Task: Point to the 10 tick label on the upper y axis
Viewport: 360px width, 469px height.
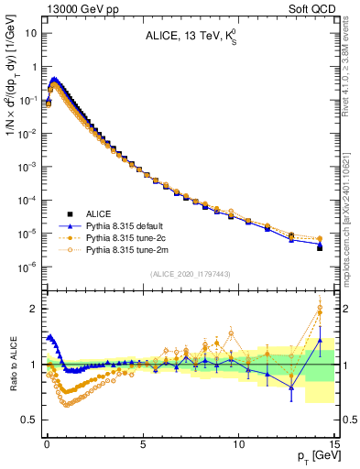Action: (30, 34)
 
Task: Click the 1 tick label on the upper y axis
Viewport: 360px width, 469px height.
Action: (34, 67)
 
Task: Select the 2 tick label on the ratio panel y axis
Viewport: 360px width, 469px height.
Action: (34, 309)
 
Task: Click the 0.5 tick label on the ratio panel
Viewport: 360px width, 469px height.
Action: (28, 420)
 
